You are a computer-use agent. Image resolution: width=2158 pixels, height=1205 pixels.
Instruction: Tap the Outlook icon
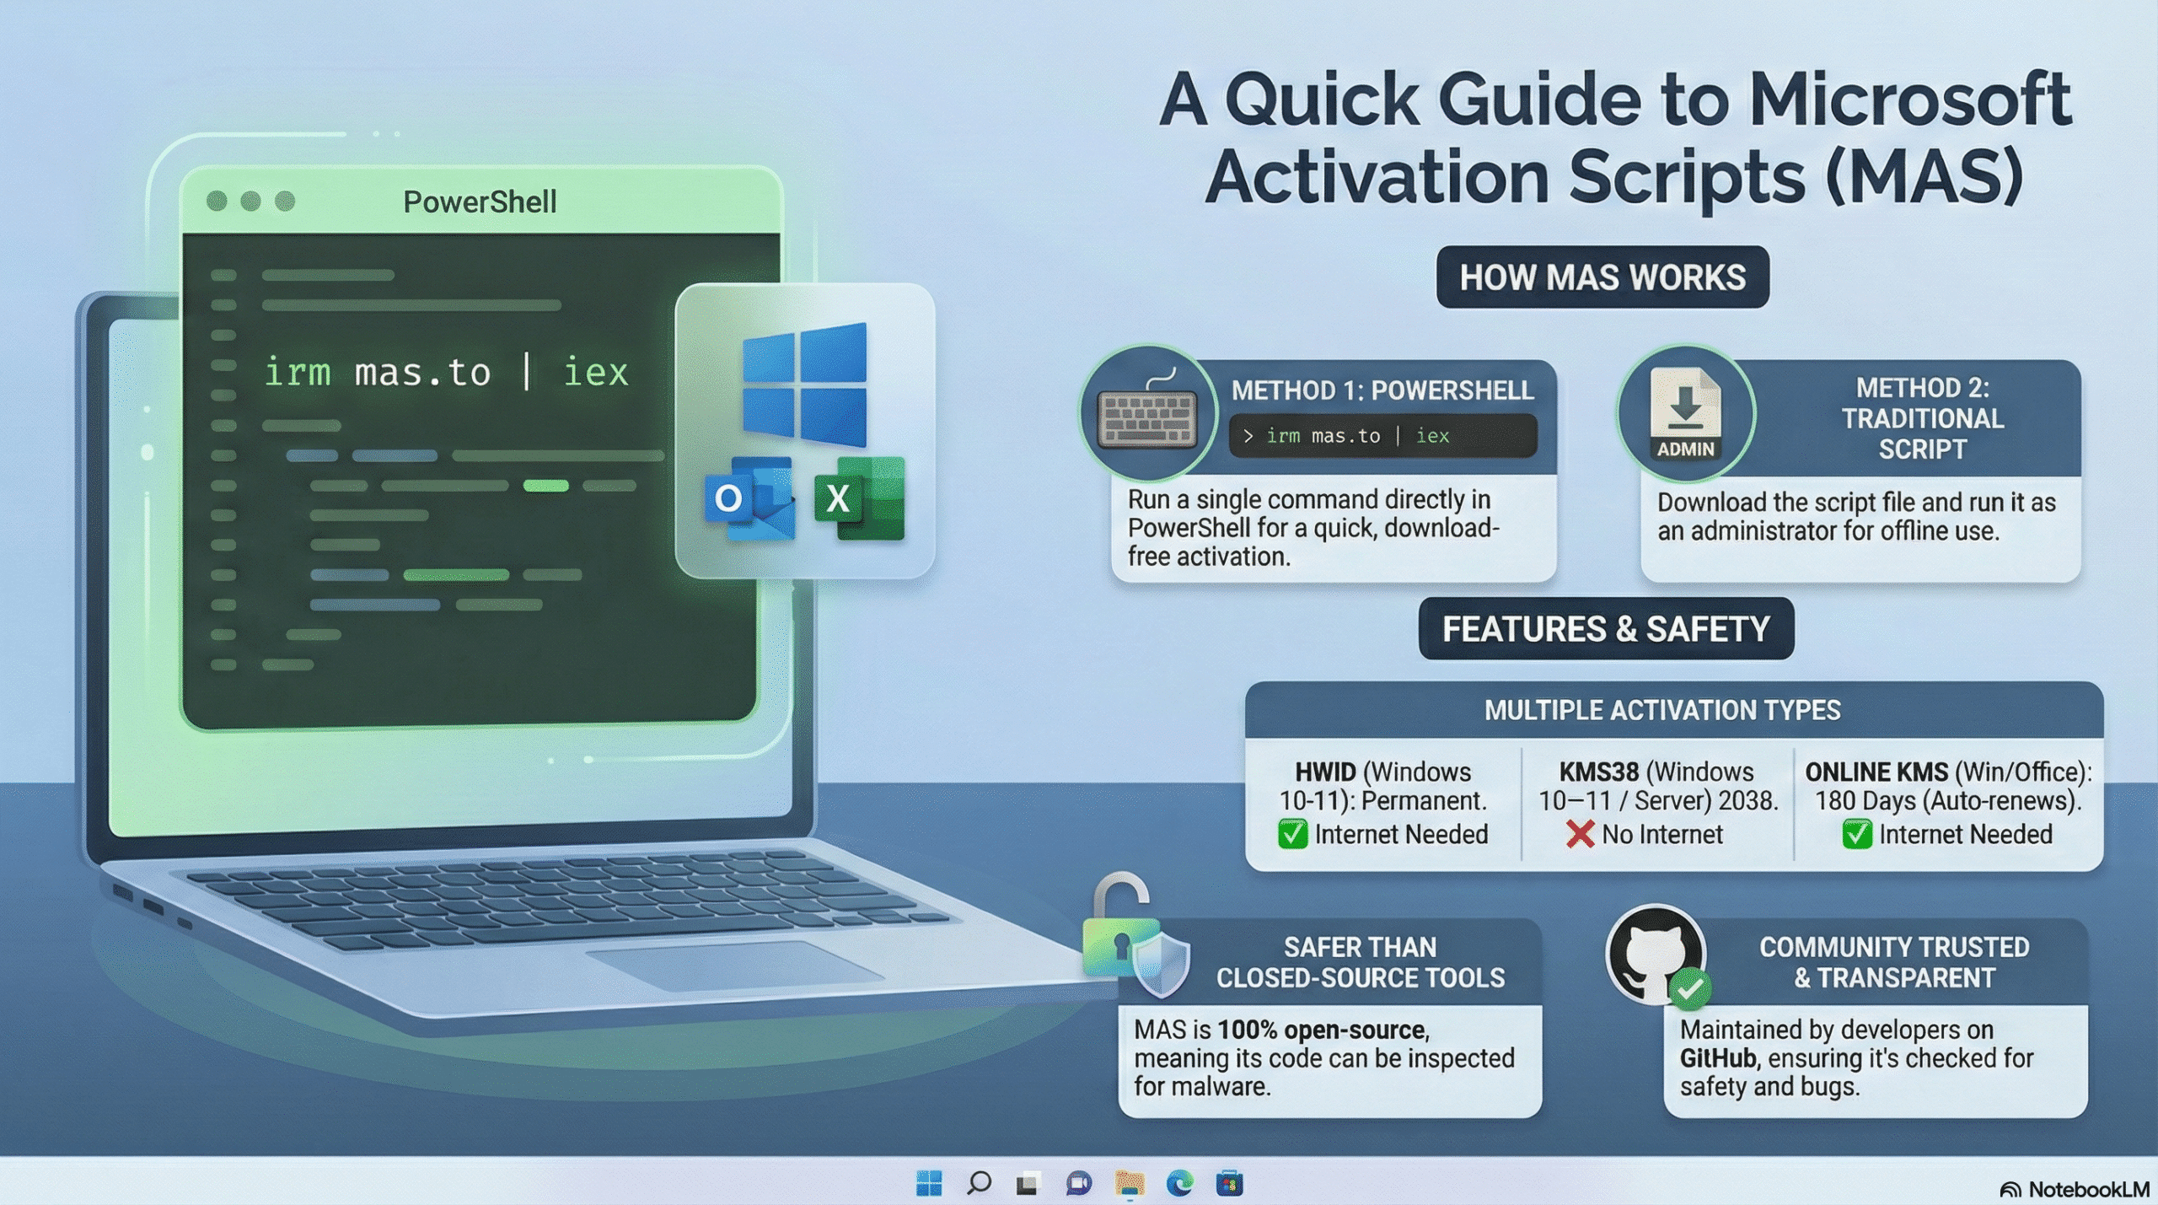[749, 499]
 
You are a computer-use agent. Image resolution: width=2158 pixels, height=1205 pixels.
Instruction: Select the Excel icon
[859, 498]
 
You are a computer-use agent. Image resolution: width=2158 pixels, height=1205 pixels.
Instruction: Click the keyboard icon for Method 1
[1148, 419]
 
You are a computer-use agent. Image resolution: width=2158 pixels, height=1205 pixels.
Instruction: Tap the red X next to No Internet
[1580, 834]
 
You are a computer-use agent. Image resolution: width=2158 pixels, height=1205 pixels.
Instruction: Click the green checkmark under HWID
[1292, 834]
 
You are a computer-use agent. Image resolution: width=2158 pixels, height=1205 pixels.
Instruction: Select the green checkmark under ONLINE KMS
[1857, 834]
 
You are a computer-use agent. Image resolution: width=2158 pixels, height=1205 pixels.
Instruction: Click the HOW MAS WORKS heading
[1602, 277]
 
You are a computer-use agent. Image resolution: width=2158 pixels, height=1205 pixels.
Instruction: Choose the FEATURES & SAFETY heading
[1606, 629]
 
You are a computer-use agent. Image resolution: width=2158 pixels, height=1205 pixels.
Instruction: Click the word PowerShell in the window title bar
[480, 202]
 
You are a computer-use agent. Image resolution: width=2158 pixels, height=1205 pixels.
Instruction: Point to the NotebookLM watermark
[2075, 1189]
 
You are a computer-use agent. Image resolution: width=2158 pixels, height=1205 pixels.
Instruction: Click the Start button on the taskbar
[929, 1184]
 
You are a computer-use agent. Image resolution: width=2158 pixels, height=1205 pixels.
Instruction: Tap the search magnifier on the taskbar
[979, 1184]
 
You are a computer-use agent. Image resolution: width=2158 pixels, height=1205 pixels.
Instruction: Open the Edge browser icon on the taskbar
[1179, 1184]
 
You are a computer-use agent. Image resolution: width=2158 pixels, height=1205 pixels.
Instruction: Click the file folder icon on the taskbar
[1130, 1184]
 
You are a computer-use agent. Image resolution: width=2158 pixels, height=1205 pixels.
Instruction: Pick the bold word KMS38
[1598, 772]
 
